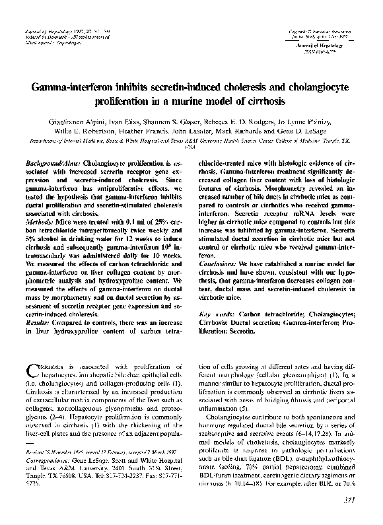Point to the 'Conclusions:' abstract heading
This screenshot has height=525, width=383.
pos(220,263)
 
